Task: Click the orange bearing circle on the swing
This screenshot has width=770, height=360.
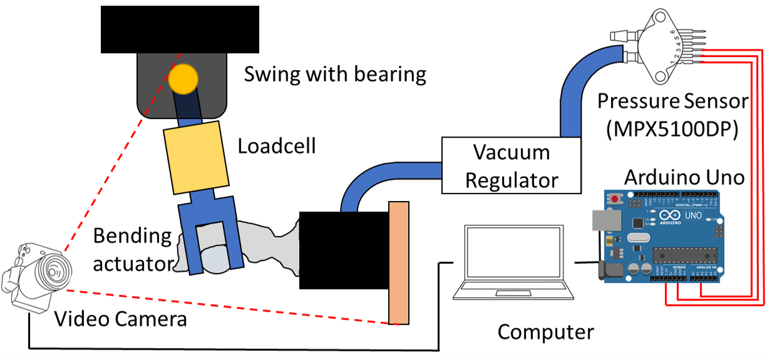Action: click(x=183, y=78)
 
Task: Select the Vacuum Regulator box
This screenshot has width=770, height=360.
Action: click(x=510, y=165)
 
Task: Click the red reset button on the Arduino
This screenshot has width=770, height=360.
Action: click(x=616, y=200)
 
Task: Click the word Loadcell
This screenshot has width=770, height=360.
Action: click(x=277, y=147)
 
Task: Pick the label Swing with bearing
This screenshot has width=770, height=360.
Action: click(x=335, y=75)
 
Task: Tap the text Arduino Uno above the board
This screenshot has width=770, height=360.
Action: click(x=684, y=177)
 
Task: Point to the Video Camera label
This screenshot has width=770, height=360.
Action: click(x=121, y=319)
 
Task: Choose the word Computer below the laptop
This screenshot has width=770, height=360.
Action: click(x=545, y=332)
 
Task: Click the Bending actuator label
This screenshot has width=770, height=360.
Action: click(x=132, y=250)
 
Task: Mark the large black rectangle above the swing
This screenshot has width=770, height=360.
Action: click(x=180, y=29)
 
